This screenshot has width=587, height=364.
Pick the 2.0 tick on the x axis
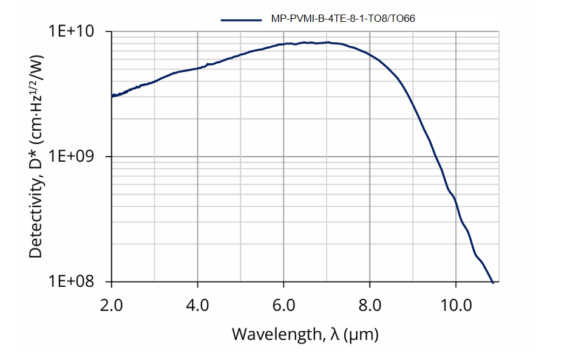click(112, 303)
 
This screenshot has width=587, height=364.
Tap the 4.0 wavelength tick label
click(198, 303)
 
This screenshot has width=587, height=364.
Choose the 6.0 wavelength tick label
click(283, 303)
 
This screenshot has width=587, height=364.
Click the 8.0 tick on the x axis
click(370, 303)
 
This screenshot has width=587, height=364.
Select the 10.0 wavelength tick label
click(456, 303)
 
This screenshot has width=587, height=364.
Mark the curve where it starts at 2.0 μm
click(112, 96)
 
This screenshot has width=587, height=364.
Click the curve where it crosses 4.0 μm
click(198, 68)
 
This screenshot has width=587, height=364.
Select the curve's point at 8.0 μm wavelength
click(370, 55)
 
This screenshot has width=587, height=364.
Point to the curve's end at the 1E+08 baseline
click(492, 281)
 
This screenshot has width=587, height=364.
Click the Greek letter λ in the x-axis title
click(336, 334)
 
